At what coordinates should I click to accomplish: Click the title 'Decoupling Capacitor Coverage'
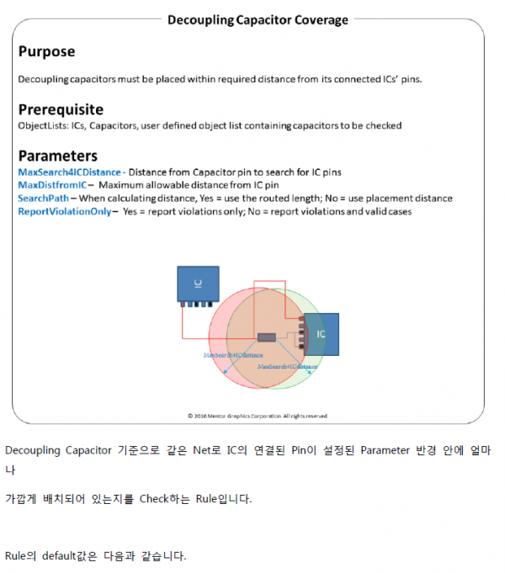[258, 19]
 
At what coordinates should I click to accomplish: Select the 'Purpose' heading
[46, 51]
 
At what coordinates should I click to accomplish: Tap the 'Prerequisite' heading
[61, 109]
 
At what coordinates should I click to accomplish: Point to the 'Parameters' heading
[57, 156]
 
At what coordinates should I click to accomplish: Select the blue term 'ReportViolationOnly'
[64, 212]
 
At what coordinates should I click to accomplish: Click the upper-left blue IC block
[197, 284]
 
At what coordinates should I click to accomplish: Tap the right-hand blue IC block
[321, 334]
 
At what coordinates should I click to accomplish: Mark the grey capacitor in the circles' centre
[267, 337]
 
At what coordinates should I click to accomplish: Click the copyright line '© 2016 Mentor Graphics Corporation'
[258, 416]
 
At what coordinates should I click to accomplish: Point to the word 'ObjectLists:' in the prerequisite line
[43, 125]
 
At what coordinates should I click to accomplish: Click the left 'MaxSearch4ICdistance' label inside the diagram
[233, 356]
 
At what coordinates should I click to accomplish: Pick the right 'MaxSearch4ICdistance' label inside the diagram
[287, 368]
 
